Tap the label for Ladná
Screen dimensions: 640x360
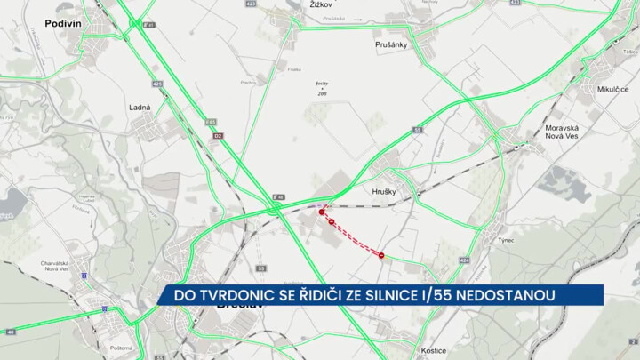140,107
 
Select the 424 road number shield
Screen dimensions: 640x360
463,260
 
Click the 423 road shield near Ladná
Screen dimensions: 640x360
157,84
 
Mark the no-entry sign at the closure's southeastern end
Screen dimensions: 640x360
381,255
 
